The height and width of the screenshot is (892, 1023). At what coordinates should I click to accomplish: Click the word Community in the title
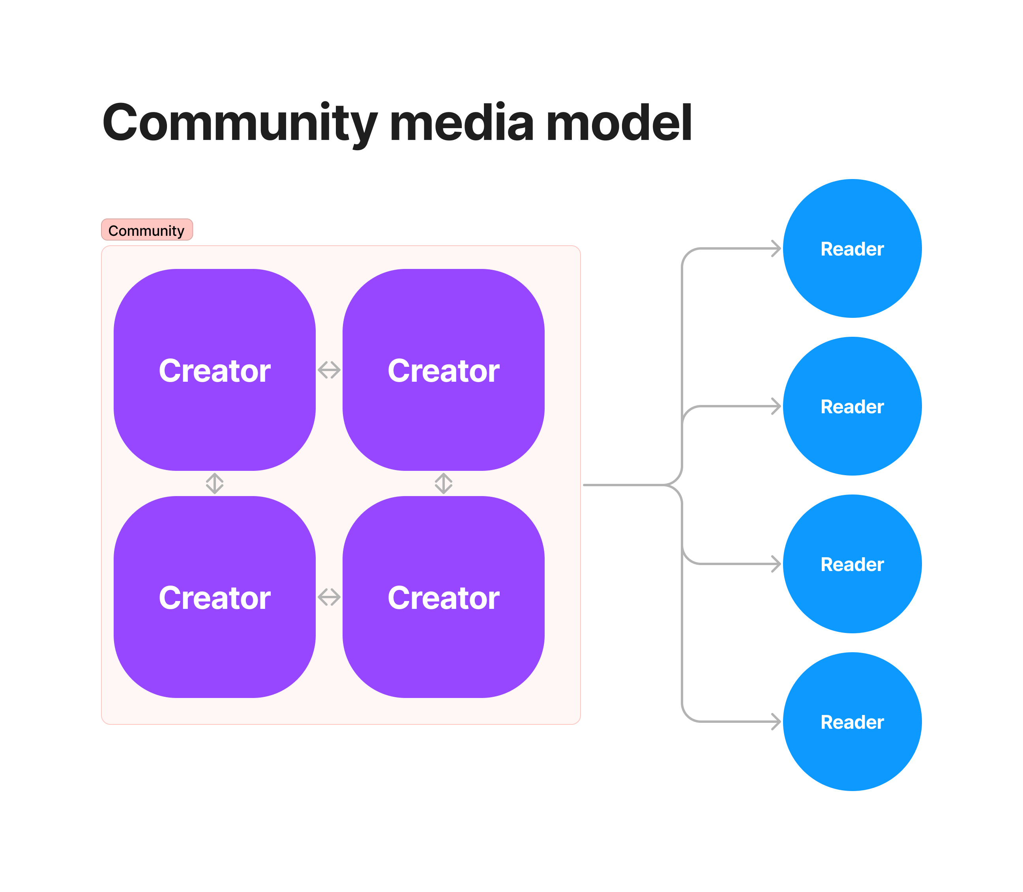coord(239,123)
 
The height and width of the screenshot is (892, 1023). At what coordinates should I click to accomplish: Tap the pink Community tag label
coord(147,230)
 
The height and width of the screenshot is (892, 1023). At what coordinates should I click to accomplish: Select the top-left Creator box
coord(214,370)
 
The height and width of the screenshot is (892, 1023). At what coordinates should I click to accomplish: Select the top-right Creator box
coord(443,370)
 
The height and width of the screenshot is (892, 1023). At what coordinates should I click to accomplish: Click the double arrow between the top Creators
coord(329,370)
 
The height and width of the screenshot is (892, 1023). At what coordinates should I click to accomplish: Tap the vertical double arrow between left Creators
coord(215,483)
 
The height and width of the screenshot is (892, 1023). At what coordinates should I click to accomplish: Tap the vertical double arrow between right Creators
coord(443,483)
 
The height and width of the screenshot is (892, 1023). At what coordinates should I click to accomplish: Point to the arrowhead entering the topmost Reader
coord(776,248)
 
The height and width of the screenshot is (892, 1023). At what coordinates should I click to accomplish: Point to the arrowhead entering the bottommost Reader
coord(776,721)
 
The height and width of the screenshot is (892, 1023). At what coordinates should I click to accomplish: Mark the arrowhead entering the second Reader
coord(776,406)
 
